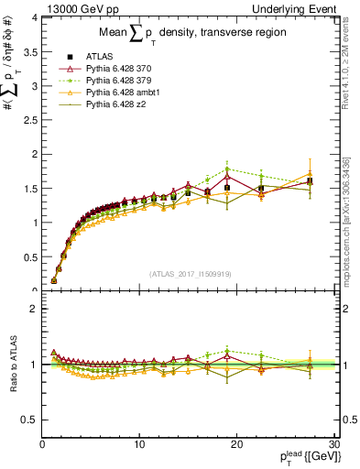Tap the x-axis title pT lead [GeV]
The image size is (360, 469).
click(x=307, y=458)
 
